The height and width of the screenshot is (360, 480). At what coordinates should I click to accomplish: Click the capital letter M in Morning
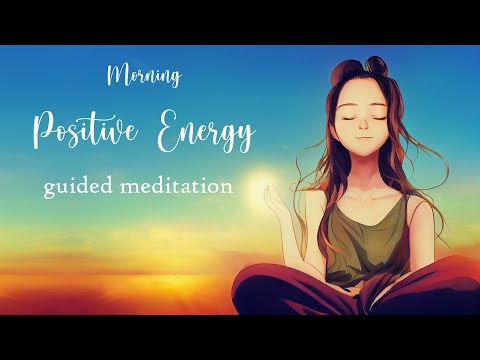(114, 76)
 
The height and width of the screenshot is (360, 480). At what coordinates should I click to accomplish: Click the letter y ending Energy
(246, 138)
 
